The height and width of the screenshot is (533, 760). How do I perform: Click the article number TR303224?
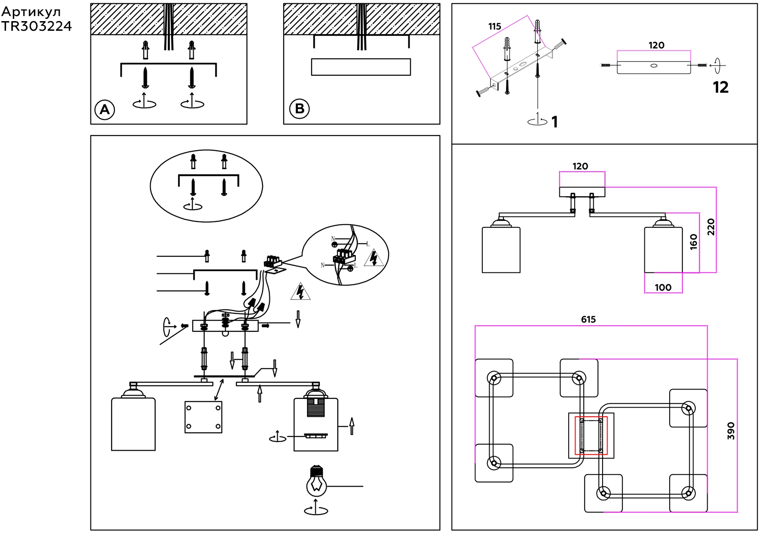(36, 27)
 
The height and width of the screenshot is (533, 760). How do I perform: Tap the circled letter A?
(105, 110)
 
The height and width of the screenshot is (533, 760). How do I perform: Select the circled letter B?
(299, 109)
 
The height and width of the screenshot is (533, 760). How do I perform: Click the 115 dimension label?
(495, 27)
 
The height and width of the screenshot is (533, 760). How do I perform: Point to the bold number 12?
(721, 87)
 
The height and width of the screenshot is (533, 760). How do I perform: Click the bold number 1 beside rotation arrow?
(555, 122)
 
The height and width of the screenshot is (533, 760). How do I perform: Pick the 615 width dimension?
(588, 319)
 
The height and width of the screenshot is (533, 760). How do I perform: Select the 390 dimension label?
(731, 431)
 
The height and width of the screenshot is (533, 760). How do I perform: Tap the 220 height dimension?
(711, 227)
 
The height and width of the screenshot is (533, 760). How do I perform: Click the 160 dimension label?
(693, 242)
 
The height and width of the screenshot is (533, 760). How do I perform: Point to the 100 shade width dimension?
(663, 288)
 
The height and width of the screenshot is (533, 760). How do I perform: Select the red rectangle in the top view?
(592, 435)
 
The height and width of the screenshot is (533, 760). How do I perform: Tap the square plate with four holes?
(203, 417)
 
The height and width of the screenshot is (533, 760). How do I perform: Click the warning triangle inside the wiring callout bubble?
(374, 259)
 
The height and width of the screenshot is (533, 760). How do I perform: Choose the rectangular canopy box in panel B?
(361, 67)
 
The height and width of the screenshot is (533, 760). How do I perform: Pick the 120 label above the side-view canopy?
(581, 166)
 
